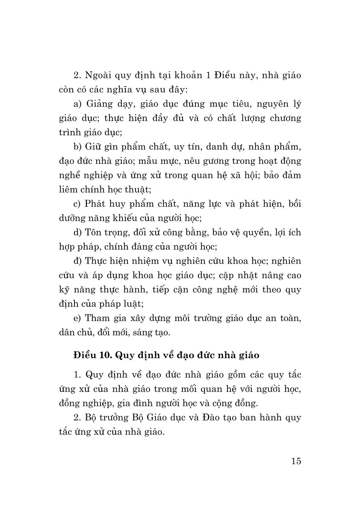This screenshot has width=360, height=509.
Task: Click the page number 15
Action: (295, 462)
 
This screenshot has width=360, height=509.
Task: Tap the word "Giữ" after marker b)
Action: (96, 148)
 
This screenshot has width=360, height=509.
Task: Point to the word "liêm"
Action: (68, 189)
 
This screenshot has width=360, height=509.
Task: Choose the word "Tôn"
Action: (94, 233)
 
